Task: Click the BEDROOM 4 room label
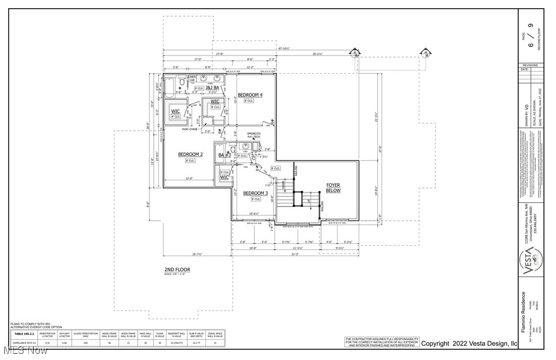point(250,95)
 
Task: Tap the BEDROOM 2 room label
point(190,154)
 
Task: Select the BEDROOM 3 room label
point(255,193)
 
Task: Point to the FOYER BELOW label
point(333,188)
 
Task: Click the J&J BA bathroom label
point(211,87)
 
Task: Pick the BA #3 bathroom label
point(224,156)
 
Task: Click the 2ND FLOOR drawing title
point(177,270)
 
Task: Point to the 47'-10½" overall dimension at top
point(284,48)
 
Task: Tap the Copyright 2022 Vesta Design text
point(469,343)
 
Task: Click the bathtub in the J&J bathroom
point(170,87)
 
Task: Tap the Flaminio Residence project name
point(523,312)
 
